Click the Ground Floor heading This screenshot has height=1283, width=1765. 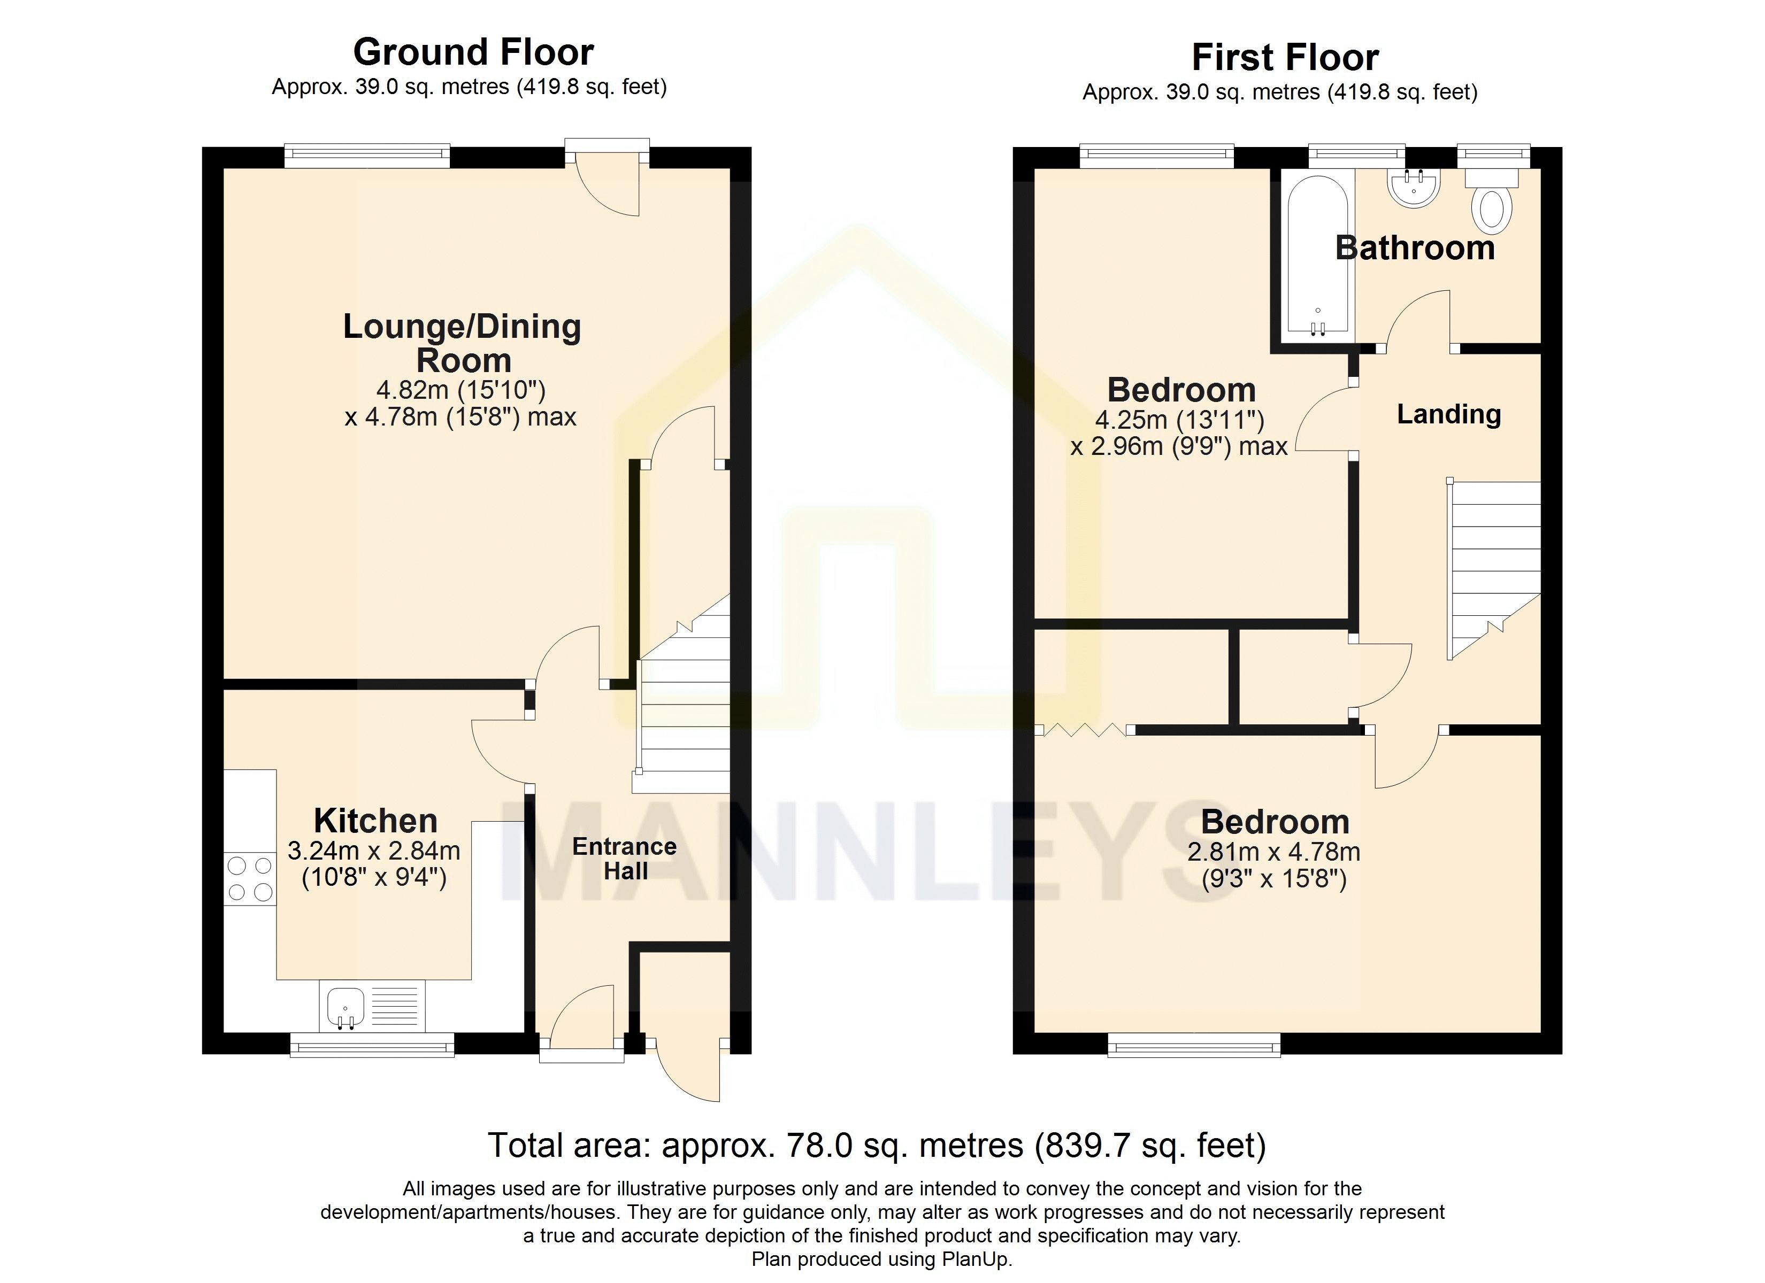click(x=473, y=53)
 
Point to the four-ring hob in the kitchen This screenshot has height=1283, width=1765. click(x=250, y=878)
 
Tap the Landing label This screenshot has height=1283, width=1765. click(x=1448, y=414)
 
